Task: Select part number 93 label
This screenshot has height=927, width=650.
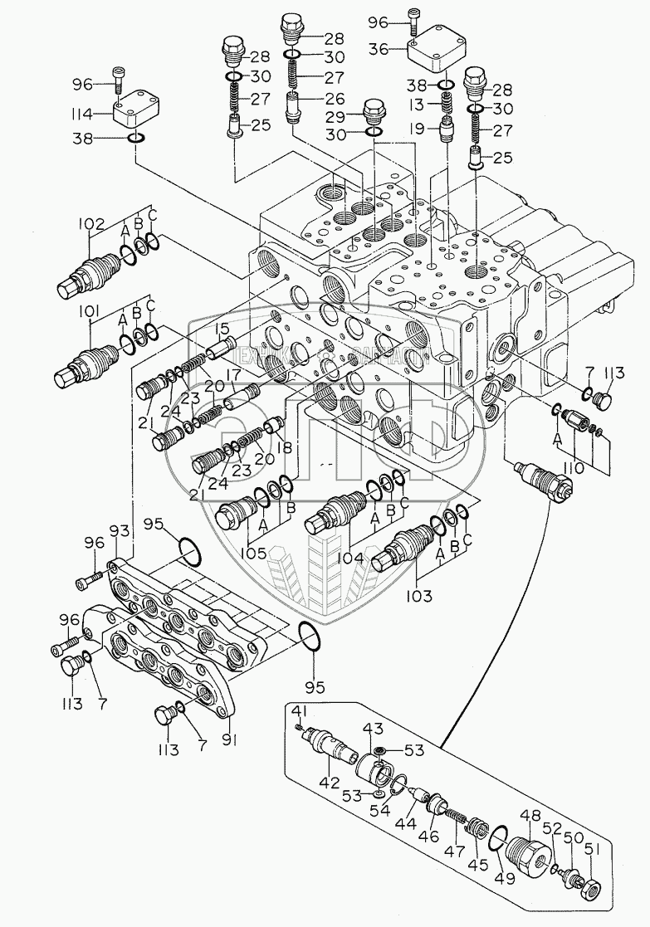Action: [119, 530]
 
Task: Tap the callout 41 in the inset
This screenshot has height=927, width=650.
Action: [300, 710]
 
